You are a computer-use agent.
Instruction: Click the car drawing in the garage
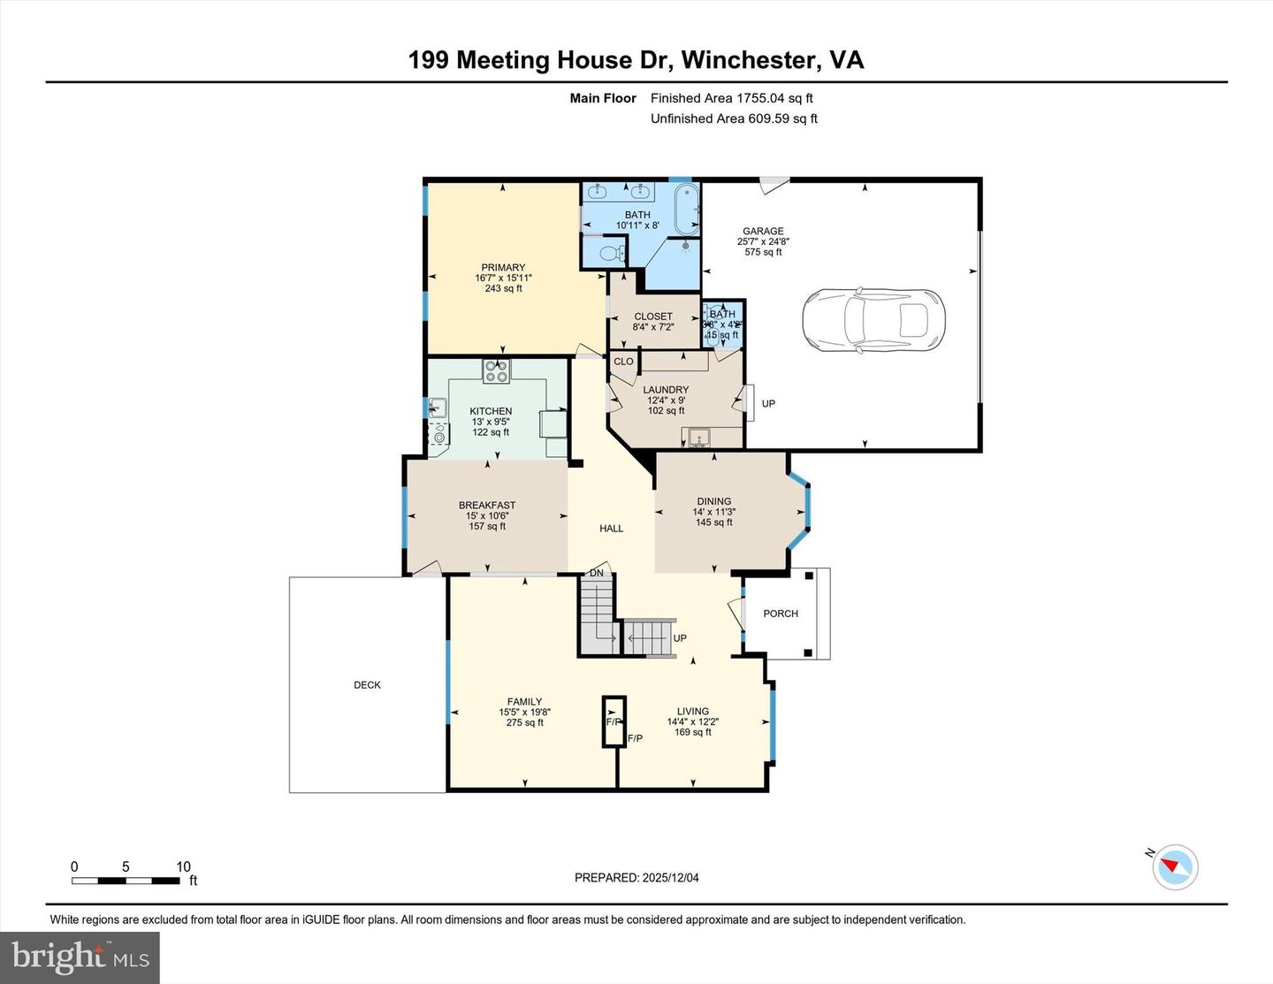pos(873,320)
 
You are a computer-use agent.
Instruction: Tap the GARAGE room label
pos(763,232)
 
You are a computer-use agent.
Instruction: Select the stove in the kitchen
pos(496,370)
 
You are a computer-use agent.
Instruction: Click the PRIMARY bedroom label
pos(503,268)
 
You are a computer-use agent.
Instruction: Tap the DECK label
pos(367,685)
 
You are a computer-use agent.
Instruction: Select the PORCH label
pos(781,614)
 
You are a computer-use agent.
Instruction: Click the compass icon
pos(1175,866)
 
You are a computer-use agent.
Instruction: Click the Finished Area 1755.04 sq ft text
pos(731,98)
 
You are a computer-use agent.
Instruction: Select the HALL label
pos(612,529)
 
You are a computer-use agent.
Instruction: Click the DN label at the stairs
pos(597,574)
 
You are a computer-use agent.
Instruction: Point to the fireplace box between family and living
pos(614,721)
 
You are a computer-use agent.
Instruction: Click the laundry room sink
pos(699,437)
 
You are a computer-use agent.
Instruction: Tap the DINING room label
pos(714,501)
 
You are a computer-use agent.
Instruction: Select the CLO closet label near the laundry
pos(623,362)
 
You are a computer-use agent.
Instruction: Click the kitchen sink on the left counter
pos(435,408)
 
